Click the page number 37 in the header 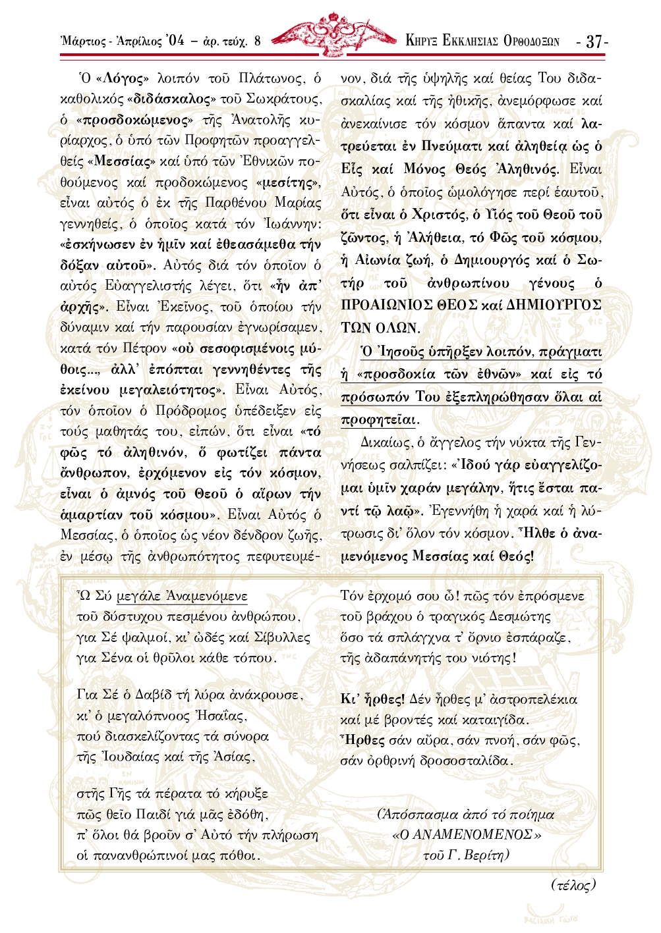tap(594, 41)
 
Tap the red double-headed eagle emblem tap(332, 34)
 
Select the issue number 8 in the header tap(257, 41)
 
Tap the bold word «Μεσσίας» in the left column tap(123, 161)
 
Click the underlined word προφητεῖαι tap(380, 419)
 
